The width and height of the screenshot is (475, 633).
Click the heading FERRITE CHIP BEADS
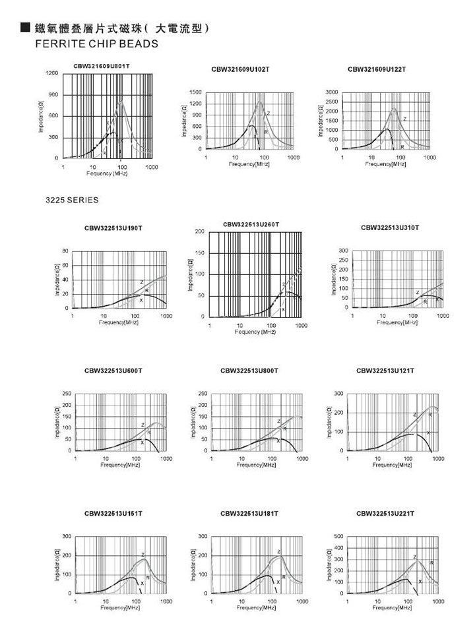click(x=96, y=45)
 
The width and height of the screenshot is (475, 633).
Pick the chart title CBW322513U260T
click(x=251, y=224)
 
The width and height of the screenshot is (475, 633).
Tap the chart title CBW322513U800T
click(x=249, y=371)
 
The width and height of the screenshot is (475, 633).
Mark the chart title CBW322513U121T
click(x=385, y=371)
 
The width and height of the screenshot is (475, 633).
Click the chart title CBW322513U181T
click(x=249, y=513)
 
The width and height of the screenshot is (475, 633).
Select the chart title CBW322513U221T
click(x=385, y=513)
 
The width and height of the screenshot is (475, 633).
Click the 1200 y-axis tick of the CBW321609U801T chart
click(x=51, y=73)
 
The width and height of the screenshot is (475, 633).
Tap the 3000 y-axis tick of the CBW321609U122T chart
click(x=332, y=92)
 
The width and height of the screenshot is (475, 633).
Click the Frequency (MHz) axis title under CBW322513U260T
click(x=255, y=332)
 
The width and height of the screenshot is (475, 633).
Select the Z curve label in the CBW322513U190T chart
click(x=141, y=282)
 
